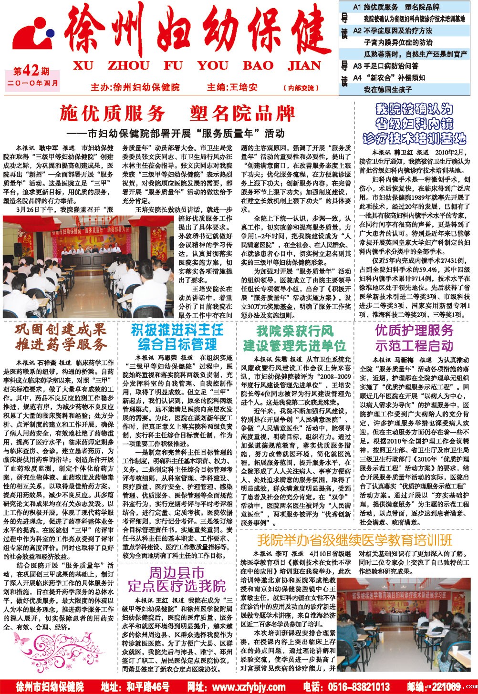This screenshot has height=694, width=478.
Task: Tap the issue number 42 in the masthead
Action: pos(31,72)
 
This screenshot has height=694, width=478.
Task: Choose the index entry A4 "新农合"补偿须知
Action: pos(389,77)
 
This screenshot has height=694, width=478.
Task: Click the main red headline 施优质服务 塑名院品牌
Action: pos(177,114)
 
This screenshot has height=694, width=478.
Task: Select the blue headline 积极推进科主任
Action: pos(177,330)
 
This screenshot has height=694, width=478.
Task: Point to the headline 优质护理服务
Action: pos(414,331)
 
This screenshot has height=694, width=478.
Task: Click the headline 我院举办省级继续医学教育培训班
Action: pos(354,540)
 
